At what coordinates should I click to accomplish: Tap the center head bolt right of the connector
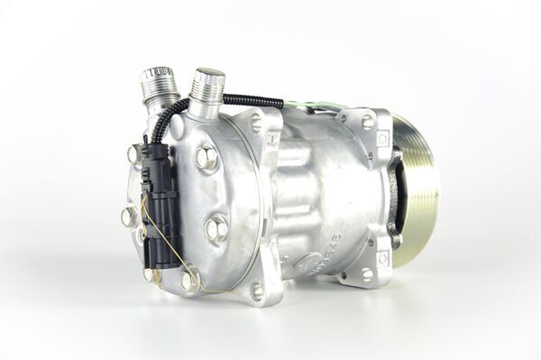tap(215, 227)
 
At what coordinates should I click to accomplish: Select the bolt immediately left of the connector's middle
tap(129, 215)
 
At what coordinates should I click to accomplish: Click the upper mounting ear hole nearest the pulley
tap(367, 120)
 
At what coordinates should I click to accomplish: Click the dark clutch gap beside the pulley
tap(395, 194)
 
